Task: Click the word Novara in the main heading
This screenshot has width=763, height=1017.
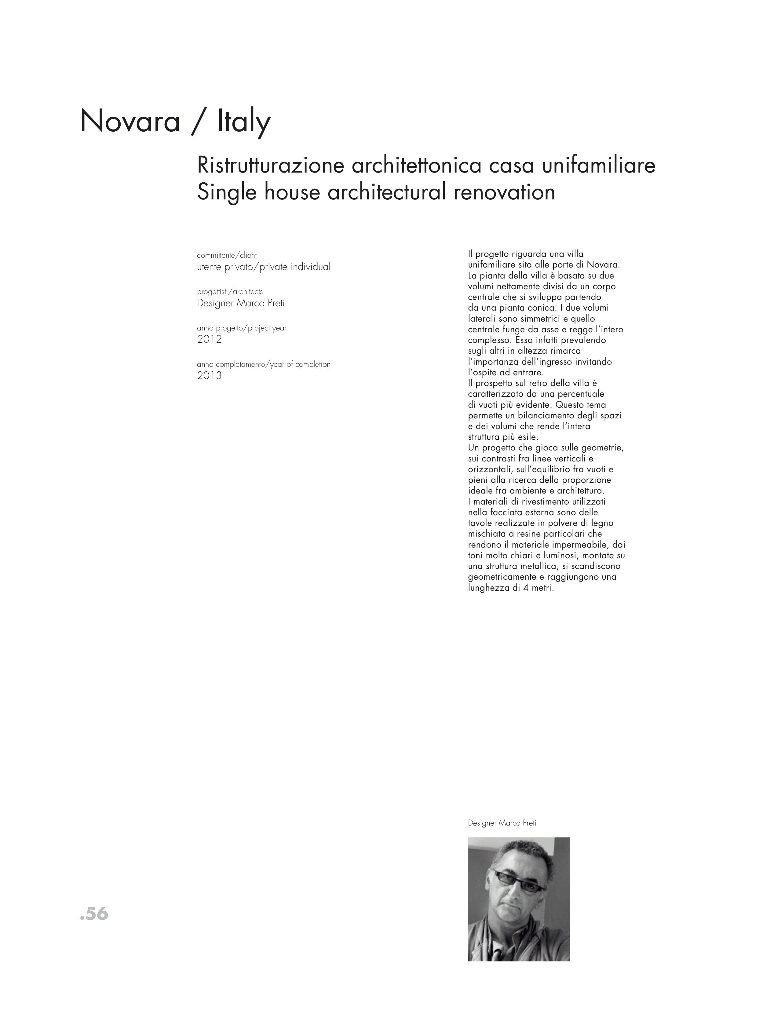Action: click(x=130, y=122)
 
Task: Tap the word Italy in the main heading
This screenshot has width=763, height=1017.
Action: click(x=243, y=122)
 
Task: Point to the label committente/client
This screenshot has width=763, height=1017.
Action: click(x=227, y=255)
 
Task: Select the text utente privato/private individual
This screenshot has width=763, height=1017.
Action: click(x=264, y=267)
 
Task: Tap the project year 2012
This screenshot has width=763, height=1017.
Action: click(x=209, y=339)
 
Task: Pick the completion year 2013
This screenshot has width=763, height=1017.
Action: click(x=209, y=376)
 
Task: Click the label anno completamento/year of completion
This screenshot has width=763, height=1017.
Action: click(x=264, y=364)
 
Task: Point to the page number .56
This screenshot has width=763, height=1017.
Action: click(x=94, y=914)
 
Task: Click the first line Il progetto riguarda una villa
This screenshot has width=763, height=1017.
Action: click(x=526, y=254)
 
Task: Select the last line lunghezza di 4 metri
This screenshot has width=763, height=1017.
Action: click(x=510, y=588)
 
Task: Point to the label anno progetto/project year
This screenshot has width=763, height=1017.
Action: click(x=242, y=328)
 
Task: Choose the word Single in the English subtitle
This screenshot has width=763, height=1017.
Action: click(x=226, y=192)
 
